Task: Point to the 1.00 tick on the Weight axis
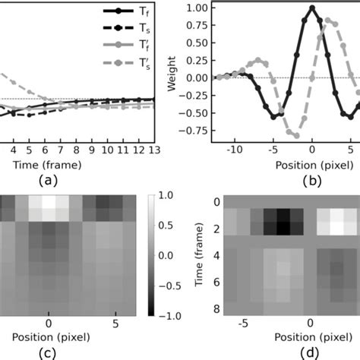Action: (x=198, y=8)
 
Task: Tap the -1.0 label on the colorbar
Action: (x=174, y=314)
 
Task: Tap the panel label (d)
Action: (x=282, y=351)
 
